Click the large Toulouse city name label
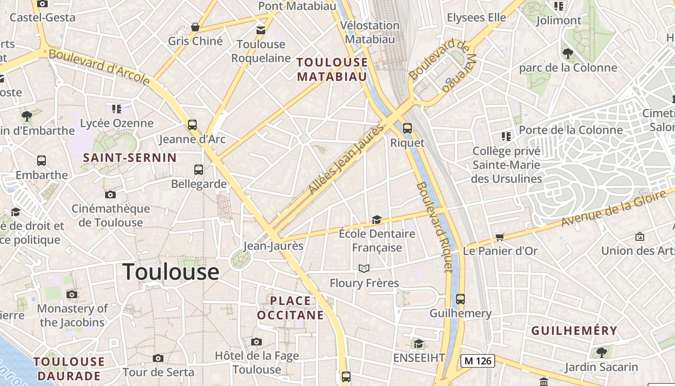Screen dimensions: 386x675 coord(171,272)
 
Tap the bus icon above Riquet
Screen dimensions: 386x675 coord(407,128)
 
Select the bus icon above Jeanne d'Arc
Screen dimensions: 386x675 coord(192,125)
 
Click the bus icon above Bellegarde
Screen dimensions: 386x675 coord(199,169)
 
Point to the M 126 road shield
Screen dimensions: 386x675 coord(478,360)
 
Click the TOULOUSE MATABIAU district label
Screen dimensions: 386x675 coord(332,69)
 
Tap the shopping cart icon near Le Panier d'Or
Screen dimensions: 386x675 coord(500,237)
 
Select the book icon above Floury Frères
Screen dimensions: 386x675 coord(364,268)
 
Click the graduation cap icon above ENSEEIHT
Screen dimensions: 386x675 coord(418,344)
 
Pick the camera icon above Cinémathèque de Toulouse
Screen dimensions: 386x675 coord(110,194)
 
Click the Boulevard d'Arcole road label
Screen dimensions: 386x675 coord(99,67)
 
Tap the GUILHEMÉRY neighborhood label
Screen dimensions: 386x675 coord(574,331)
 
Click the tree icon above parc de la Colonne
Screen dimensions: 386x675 coord(567,53)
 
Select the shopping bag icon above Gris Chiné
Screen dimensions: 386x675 coord(195,27)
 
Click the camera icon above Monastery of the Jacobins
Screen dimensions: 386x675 coord(72,294)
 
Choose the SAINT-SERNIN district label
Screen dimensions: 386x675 coord(130,158)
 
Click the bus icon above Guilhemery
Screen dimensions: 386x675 coord(460,299)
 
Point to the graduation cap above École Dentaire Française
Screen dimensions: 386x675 coord(377,220)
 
